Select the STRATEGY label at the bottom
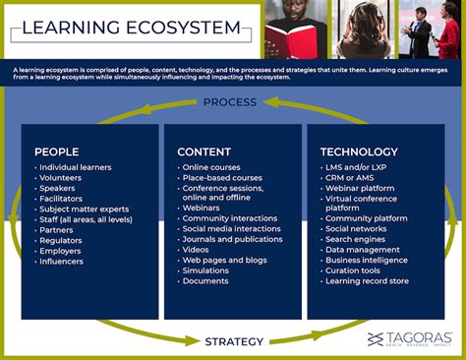point(233,341)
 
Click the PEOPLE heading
point(56,151)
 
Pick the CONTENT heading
point(204,151)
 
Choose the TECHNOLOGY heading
point(359,151)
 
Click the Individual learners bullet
point(77,168)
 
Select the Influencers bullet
point(63,261)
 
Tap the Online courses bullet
point(211,168)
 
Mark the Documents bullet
point(206,281)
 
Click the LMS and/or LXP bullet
point(357,168)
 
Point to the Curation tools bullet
point(355,271)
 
